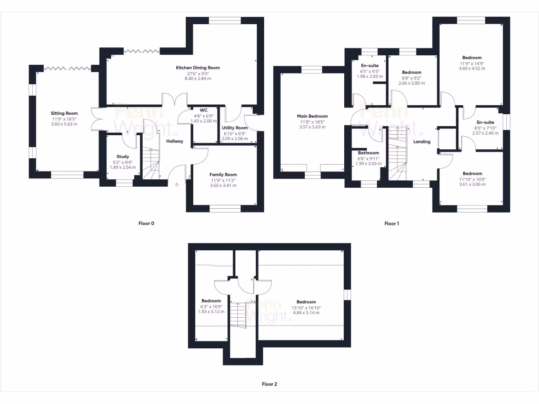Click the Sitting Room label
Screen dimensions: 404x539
coord(64,113)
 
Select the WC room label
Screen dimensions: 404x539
coord(203,109)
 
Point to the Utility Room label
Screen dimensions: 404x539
coord(235,128)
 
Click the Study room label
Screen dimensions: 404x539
coord(123,156)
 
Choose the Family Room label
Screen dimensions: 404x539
coord(224,175)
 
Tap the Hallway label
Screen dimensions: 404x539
coord(175,141)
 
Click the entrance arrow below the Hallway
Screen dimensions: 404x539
coord(177,185)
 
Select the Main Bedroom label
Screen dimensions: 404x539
coord(313,116)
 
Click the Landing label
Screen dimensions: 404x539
coord(422,142)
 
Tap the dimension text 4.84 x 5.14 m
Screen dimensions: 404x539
coord(306,312)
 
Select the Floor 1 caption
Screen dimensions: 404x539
coord(392,224)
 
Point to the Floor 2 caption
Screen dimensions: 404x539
coord(269,384)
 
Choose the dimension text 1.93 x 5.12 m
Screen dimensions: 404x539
coord(211,311)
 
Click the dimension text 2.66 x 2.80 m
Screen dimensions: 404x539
coord(411,83)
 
